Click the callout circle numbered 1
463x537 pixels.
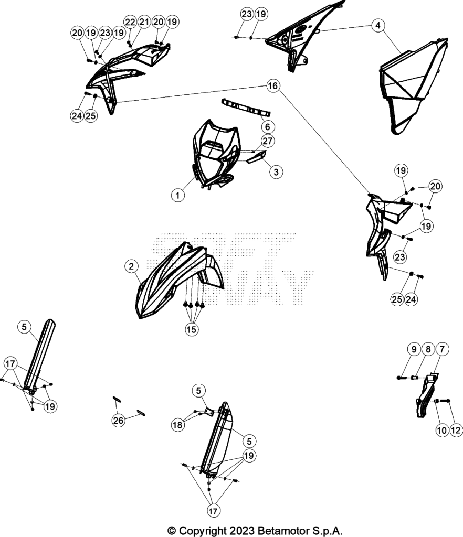[x=177, y=196]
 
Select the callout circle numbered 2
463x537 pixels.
[x=131, y=266]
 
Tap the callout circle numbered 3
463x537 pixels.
[x=276, y=172]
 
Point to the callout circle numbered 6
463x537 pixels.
[x=268, y=127]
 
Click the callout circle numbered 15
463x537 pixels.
[x=192, y=329]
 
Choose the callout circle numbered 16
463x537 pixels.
[x=273, y=85]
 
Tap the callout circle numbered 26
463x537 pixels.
[x=118, y=420]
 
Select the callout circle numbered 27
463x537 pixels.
[x=268, y=141]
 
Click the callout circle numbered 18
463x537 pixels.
[x=177, y=425]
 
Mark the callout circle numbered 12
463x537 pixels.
[x=456, y=430]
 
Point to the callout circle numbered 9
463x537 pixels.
[x=414, y=349]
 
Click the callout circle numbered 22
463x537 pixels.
[x=130, y=22]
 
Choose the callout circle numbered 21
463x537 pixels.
[x=144, y=22]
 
